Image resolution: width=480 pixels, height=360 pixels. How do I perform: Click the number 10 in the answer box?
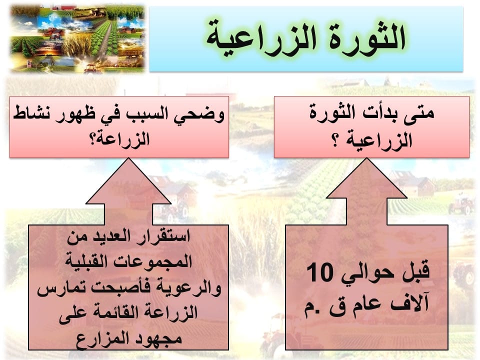click(319, 272)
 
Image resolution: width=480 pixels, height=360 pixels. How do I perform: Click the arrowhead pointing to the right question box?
click(366, 178)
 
